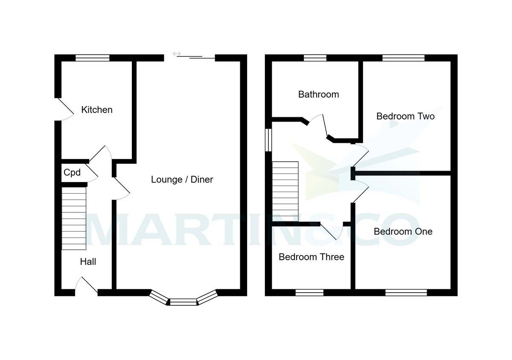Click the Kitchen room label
click(97, 110)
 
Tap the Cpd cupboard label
click(72, 173)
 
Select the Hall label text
click(88, 262)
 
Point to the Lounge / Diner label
click(182, 180)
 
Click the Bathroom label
click(318, 94)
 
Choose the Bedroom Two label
click(405, 116)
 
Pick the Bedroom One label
click(403, 232)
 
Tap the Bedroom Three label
click(311, 257)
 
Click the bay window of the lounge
click(183, 302)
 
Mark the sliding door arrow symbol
click(177, 54)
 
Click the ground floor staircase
click(74, 218)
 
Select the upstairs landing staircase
click(285, 192)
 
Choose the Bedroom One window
click(406, 292)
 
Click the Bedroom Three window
click(309, 292)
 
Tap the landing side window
click(268, 140)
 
